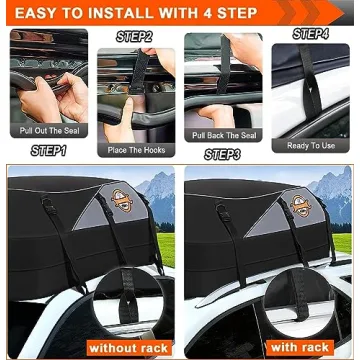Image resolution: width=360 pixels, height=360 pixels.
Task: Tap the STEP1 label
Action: click(x=47, y=151)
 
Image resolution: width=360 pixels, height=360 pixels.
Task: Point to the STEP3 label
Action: click(x=222, y=154)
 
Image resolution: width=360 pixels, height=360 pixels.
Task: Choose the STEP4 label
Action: click(x=311, y=34)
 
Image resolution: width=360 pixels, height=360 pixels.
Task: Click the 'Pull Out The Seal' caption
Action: click(x=47, y=131)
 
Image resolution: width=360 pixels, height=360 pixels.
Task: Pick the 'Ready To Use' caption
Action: click(x=311, y=145)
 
